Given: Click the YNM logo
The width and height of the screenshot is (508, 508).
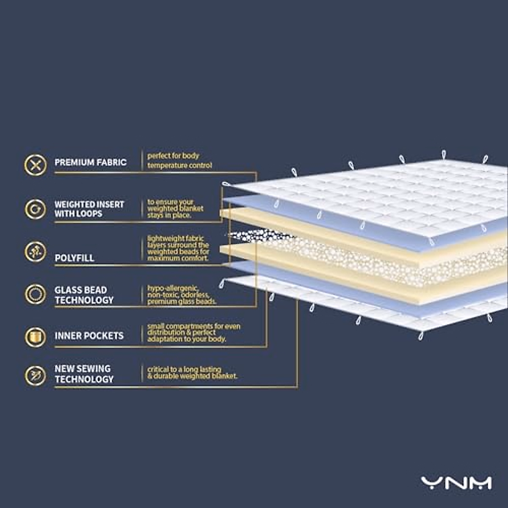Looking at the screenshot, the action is click(x=456, y=483).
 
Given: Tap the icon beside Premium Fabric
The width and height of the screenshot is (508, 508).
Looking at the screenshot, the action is click(x=36, y=165).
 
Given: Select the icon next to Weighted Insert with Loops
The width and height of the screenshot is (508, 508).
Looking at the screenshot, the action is click(x=36, y=209).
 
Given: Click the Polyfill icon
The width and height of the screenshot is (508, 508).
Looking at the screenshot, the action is click(x=36, y=252).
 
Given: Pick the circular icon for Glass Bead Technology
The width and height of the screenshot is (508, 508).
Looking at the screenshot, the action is click(x=36, y=294).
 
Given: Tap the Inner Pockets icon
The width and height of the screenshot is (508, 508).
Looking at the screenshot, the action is click(x=36, y=337).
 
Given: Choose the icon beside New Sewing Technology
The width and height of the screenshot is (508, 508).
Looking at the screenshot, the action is click(x=36, y=375).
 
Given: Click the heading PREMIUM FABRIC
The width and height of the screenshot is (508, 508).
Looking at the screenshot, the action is click(x=90, y=162).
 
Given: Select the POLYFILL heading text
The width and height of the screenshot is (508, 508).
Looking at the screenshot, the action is click(x=74, y=258).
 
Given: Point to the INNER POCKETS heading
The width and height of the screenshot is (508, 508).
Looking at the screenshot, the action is click(x=89, y=336).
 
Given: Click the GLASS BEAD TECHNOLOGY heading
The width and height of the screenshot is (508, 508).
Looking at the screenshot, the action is click(x=84, y=295).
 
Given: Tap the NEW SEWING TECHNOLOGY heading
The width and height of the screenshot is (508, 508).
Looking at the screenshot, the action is click(x=84, y=374).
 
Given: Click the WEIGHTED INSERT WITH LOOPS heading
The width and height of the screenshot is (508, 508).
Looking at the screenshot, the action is click(x=89, y=209).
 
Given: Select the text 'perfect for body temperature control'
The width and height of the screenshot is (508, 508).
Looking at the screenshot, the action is click(x=179, y=160).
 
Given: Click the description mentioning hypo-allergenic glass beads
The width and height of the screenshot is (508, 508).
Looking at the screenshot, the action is click(x=181, y=295).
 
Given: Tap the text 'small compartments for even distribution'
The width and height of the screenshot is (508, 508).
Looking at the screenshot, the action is click(x=193, y=333).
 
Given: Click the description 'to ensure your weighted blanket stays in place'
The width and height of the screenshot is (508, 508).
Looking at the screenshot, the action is click(x=175, y=209).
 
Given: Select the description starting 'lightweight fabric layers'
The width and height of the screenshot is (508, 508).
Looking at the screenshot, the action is click(x=178, y=248).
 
